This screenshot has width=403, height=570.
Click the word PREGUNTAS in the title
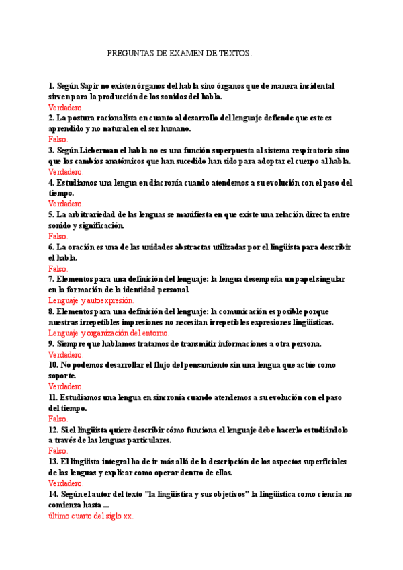(129, 53)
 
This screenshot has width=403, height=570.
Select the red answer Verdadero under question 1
(66, 108)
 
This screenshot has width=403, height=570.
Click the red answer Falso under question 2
(58, 140)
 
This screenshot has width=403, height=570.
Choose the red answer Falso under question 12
(58, 451)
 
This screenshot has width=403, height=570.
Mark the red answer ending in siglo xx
(91, 516)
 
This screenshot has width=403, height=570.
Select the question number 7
(51, 279)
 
